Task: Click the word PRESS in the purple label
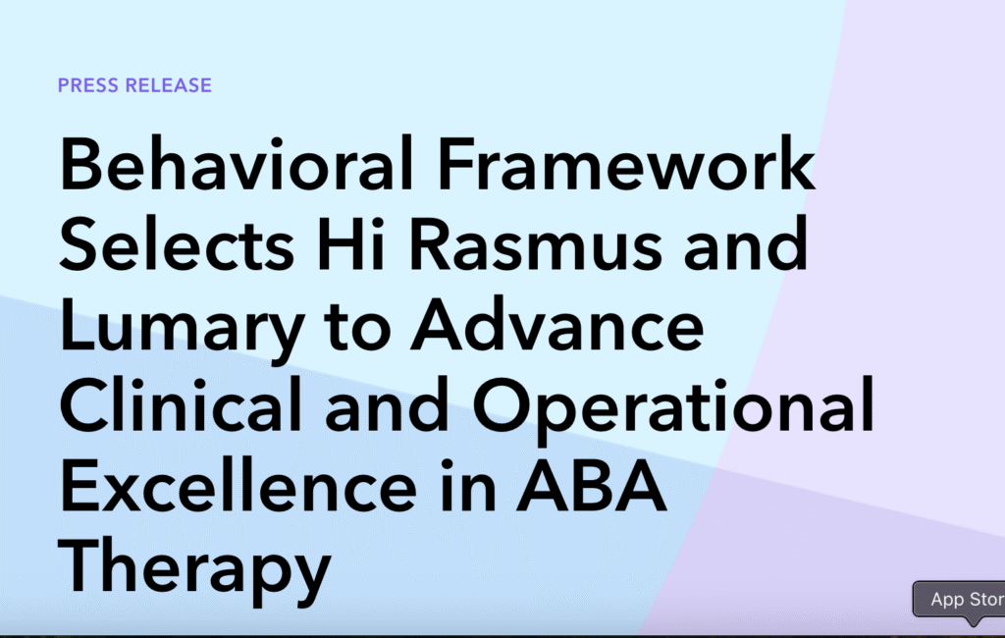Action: point(88,85)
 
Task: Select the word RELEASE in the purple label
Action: point(169,85)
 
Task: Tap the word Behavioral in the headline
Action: point(236,163)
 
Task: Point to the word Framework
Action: point(626,163)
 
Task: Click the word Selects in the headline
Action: point(177,244)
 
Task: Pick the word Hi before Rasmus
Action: point(351,244)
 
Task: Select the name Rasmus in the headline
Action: point(535,244)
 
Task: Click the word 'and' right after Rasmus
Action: point(746,244)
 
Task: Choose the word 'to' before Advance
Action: point(358,327)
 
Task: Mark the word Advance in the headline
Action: point(557,325)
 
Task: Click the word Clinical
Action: point(181,404)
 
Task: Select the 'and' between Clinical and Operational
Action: point(387,404)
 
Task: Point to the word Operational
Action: point(673,410)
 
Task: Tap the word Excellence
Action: point(238,486)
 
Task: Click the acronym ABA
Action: point(592,486)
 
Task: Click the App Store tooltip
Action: point(960,599)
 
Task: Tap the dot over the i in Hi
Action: point(376,223)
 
